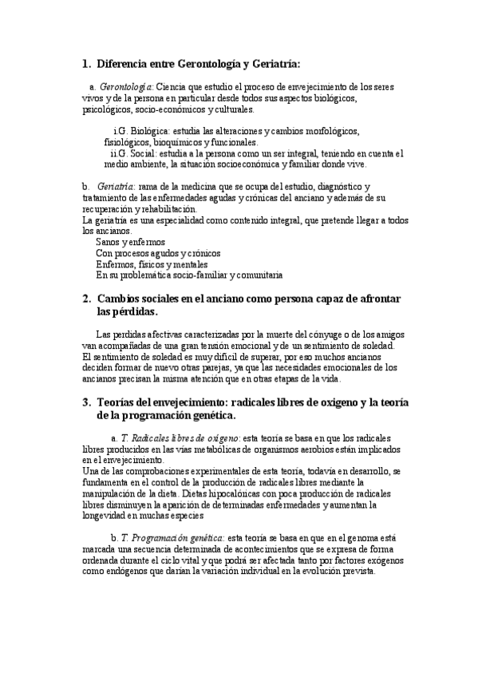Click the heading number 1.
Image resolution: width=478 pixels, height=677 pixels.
[86, 64]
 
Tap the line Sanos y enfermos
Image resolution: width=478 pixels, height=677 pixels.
[130, 241]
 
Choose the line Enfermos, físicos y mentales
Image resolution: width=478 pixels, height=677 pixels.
[152, 263]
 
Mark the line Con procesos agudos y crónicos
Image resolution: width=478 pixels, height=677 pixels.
[158, 252]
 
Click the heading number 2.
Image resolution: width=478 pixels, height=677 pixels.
[86, 298]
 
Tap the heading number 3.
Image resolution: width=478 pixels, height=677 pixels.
[86, 402]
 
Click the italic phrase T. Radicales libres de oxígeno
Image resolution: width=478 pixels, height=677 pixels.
[180, 438]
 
